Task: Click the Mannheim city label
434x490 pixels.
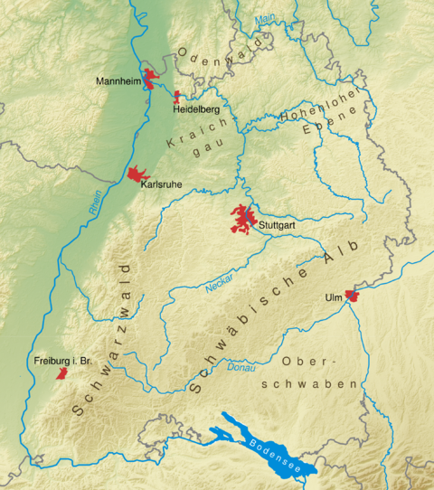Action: pyautogui.click(x=118, y=80)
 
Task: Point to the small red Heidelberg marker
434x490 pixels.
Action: pyautogui.click(x=177, y=94)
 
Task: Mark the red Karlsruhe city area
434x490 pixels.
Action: pyautogui.click(x=138, y=173)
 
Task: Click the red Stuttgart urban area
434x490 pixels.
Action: pyautogui.click(x=241, y=220)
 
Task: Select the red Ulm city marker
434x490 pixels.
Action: pyautogui.click(x=353, y=295)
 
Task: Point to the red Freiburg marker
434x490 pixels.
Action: pyautogui.click(x=61, y=372)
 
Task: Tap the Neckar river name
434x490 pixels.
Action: pyautogui.click(x=219, y=280)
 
